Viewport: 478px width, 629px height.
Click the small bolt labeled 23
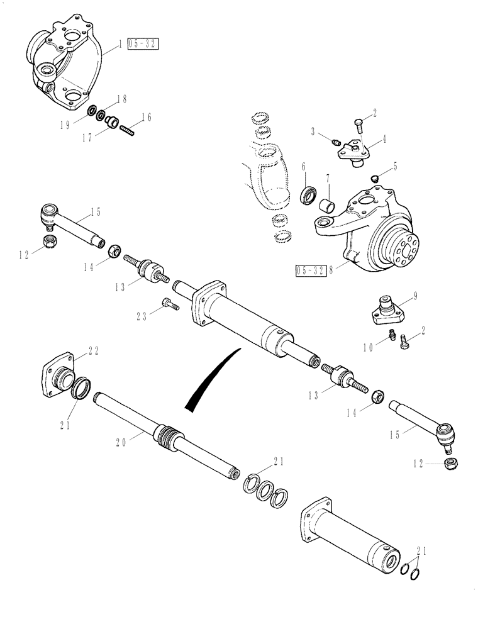[170, 305]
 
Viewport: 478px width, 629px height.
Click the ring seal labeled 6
[308, 194]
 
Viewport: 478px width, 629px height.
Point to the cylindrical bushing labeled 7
[328, 206]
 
